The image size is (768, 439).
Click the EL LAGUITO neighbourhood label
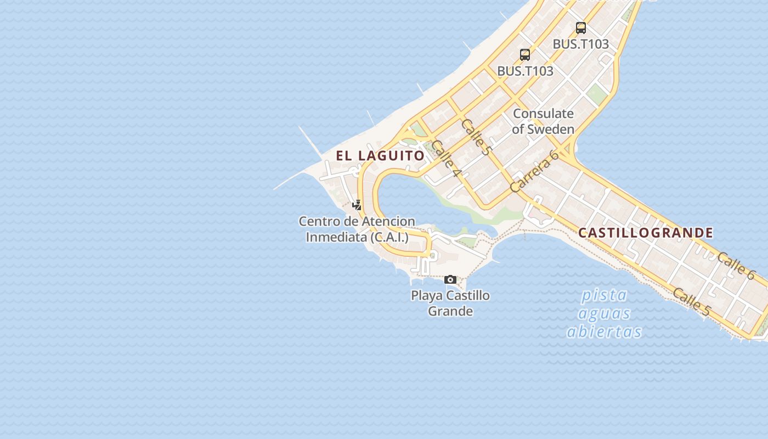click(380, 156)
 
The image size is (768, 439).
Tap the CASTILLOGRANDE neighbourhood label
click(646, 233)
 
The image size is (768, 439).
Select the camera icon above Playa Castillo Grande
click(450, 280)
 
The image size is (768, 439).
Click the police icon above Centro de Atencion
click(357, 205)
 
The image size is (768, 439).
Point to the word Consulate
click(543, 114)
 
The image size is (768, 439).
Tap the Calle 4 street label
click(445, 159)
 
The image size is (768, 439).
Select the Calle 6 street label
click(736, 265)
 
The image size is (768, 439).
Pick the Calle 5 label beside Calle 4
click(475, 137)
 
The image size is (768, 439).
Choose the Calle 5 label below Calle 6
click(691, 302)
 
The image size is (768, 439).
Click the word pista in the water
click(604, 295)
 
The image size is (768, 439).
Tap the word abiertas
click(604, 332)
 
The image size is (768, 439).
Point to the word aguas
click(604, 314)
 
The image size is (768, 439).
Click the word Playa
click(426, 296)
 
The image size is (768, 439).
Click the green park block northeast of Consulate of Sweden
click(596, 95)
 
